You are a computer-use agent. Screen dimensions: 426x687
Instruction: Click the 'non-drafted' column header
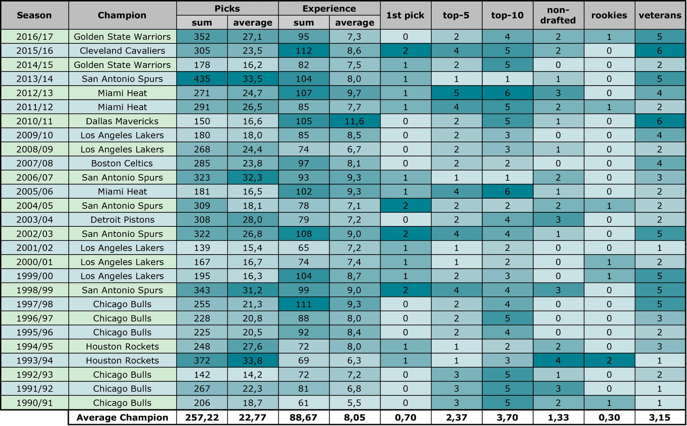click(558, 15)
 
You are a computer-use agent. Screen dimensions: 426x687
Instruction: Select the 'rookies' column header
click(609, 15)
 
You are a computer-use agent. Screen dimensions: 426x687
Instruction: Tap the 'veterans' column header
click(660, 15)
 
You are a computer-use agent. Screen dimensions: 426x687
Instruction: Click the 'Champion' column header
click(122, 15)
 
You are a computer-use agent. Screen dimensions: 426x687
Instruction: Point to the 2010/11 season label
click(34, 121)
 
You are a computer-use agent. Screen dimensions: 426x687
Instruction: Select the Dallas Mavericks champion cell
click(122, 121)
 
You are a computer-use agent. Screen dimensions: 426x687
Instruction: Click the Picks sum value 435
click(202, 79)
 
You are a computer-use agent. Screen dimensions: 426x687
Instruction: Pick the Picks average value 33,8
click(253, 361)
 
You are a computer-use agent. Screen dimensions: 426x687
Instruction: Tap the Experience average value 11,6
click(354, 121)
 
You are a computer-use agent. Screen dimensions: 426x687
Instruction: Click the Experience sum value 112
click(304, 50)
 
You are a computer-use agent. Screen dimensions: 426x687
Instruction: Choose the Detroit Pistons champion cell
click(122, 220)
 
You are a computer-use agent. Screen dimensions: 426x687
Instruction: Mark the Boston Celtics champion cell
click(122, 163)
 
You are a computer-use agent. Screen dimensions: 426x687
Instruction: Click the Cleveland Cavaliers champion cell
click(122, 50)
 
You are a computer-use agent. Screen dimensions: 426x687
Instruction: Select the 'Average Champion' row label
click(122, 418)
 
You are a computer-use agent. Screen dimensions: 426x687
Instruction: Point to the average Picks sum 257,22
click(202, 418)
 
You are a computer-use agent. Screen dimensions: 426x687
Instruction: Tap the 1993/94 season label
click(34, 361)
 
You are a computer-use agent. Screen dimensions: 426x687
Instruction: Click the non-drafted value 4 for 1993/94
click(558, 361)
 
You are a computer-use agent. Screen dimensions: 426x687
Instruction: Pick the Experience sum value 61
click(304, 403)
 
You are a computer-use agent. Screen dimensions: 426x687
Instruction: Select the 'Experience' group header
click(329, 8)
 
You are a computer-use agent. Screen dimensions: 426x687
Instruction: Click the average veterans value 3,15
click(660, 418)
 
